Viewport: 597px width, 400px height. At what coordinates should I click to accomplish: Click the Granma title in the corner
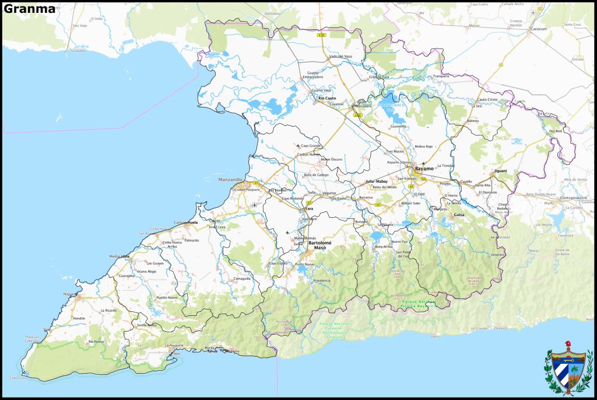click(29, 9)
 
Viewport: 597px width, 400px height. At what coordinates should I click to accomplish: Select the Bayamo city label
click(424, 168)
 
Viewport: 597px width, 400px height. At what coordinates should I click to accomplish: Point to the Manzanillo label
click(230, 179)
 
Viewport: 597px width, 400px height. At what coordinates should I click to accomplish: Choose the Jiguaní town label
click(501, 171)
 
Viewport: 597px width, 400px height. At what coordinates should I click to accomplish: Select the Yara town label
click(309, 208)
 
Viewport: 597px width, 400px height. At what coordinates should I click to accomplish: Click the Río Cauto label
click(327, 98)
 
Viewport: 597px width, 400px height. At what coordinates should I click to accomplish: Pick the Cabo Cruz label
click(18, 378)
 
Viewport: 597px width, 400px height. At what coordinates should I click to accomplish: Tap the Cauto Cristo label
click(487, 99)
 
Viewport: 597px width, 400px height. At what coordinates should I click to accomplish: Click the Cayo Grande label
click(311, 145)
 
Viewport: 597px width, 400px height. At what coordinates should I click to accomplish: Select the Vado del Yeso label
click(340, 56)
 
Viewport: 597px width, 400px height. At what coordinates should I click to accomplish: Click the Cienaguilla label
click(242, 279)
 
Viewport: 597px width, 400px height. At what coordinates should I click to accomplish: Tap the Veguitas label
click(329, 192)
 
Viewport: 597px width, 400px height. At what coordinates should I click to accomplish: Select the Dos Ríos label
click(556, 131)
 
